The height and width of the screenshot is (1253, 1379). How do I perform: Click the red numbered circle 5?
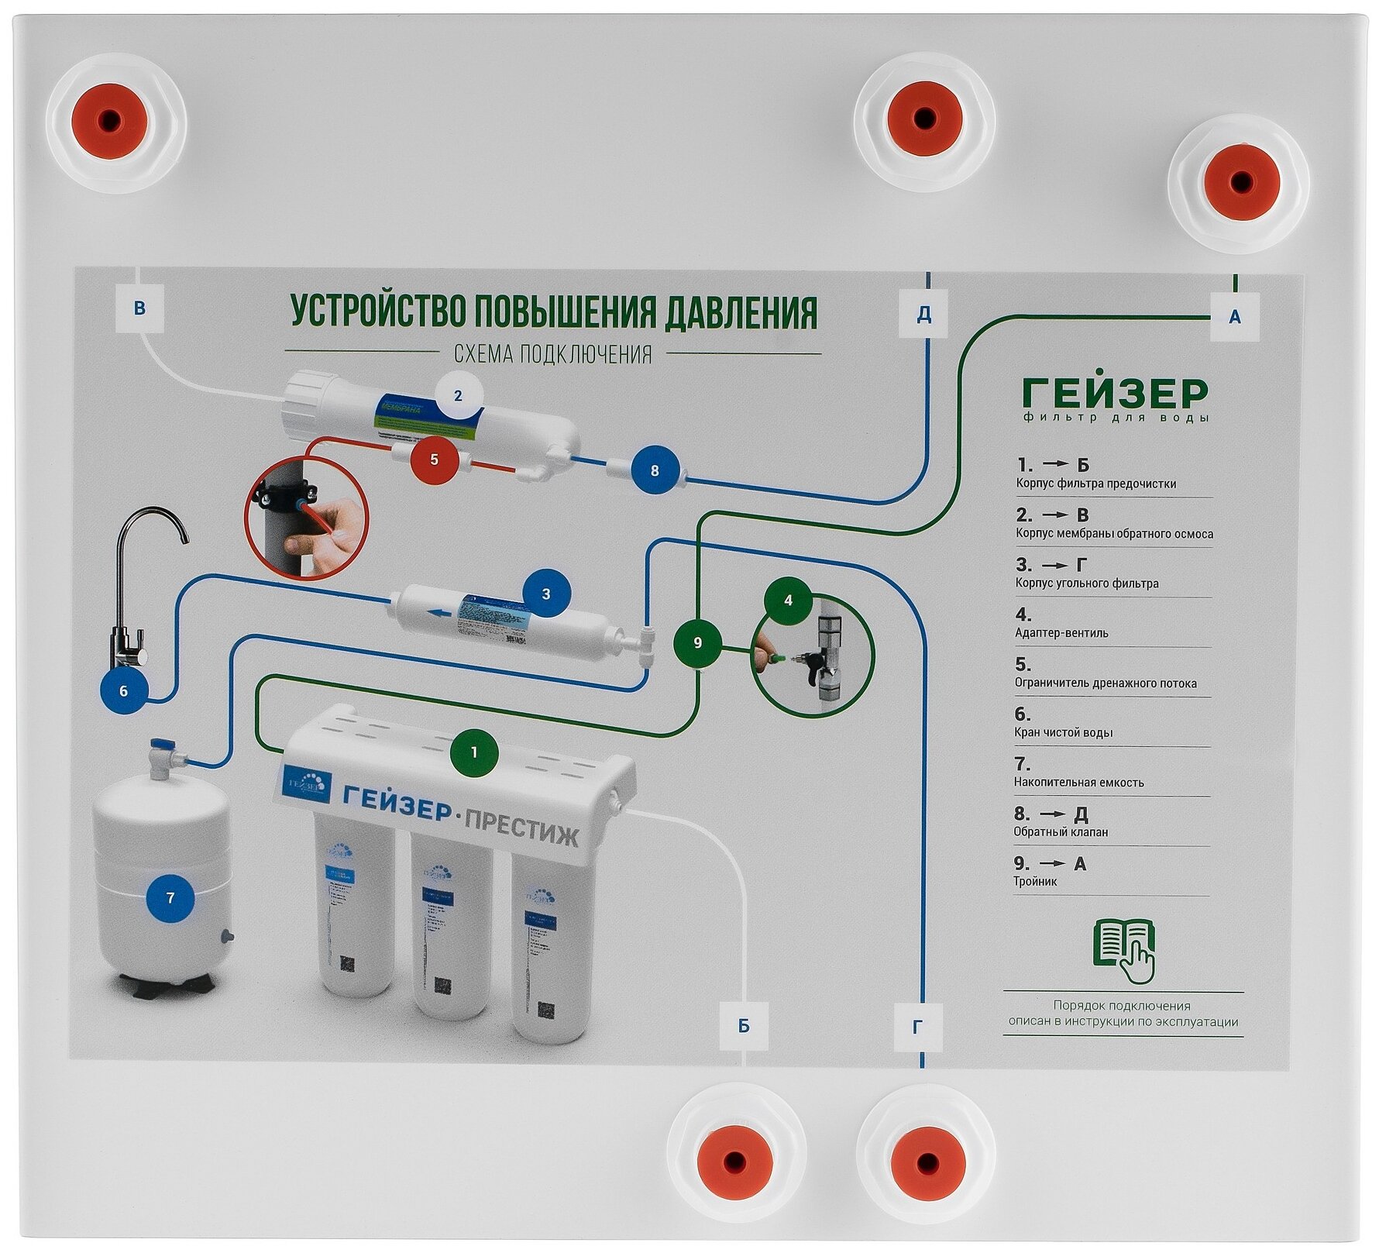pyautogui.click(x=434, y=460)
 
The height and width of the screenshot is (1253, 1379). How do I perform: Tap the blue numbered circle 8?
pyautogui.click(x=655, y=470)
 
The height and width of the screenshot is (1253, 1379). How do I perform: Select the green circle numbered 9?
pyautogui.click(x=697, y=642)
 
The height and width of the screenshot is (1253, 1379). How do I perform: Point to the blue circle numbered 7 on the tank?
pyautogui.click(x=170, y=898)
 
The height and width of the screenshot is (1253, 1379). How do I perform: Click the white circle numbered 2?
pyautogui.click(x=458, y=396)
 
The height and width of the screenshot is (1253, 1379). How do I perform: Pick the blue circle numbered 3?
pyautogui.click(x=546, y=594)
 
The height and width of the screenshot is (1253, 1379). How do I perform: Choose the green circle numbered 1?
pyautogui.click(x=474, y=752)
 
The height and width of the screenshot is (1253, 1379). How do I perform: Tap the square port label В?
pyautogui.click(x=139, y=308)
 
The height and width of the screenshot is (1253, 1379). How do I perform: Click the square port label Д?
pyautogui.click(x=923, y=315)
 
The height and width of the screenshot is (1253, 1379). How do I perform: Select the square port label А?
pyautogui.click(x=1235, y=316)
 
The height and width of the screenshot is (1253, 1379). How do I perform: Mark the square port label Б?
pyautogui.click(x=744, y=1026)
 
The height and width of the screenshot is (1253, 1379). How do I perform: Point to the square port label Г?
pyautogui.click(x=918, y=1027)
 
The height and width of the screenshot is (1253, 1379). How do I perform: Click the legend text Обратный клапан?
pyautogui.click(x=1061, y=832)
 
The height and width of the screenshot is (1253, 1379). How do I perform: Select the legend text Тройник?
pyautogui.click(x=1035, y=882)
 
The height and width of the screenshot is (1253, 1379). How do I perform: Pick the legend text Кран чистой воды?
pyautogui.click(x=1063, y=732)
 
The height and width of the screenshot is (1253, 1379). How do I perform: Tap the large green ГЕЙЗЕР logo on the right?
pyautogui.click(x=1115, y=394)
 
